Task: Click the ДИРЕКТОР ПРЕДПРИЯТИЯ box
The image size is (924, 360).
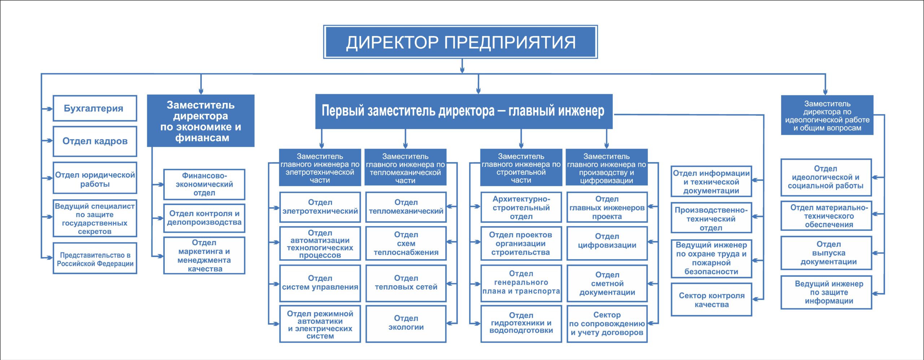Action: coord(461,42)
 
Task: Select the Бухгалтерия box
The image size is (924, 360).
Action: coord(95,108)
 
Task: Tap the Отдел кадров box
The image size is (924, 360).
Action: coord(95,141)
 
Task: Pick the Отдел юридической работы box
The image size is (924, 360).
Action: coord(95,178)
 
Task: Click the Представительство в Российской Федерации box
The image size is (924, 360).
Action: coord(95,258)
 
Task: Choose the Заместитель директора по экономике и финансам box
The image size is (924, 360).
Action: coord(201,121)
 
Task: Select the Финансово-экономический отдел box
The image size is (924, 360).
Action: coord(204,184)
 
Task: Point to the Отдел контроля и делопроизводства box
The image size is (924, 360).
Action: coord(204,218)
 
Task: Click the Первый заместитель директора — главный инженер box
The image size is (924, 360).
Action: coord(464,111)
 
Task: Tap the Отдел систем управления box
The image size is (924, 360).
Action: coord(320,283)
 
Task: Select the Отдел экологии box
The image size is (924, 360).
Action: coord(406,324)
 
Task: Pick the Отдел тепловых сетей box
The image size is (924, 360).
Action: coord(406,283)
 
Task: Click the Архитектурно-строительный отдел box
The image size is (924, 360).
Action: coord(521,207)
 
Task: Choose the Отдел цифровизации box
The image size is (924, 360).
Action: coord(607,243)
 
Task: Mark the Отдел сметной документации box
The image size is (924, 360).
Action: coord(607,283)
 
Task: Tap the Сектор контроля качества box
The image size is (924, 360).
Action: coord(711,299)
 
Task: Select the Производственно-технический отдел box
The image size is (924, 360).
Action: coord(711,218)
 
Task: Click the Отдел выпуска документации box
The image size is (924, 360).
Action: coord(827,253)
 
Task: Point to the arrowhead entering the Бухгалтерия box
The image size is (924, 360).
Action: coord(50,109)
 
